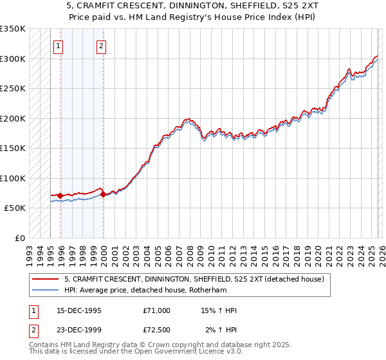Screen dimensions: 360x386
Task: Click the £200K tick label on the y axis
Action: pyautogui.click(x=12, y=118)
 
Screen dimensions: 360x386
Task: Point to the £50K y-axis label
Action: pyautogui.click(x=14, y=208)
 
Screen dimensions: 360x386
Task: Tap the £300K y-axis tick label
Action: pyautogui.click(x=12, y=59)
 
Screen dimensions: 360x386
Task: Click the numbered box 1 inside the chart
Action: pyautogui.click(x=59, y=46)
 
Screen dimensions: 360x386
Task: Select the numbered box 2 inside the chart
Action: pyautogui.click(x=102, y=46)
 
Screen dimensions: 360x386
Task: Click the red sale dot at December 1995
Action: pyautogui.click(x=60, y=195)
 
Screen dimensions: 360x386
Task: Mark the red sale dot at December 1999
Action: pyautogui.click(x=104, y=194)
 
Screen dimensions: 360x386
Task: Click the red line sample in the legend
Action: pyautogui.click(x=46, y=279)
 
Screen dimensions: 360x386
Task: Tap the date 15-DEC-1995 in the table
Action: pyautogui.click(x=79, y=310)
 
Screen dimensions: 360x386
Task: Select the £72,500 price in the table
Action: pyautogui.click(x=157, y=330)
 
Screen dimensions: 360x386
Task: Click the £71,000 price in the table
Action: pyautogui.click(x=157, y=310)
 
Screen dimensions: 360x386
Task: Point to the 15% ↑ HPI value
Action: pyautogui.click(x=219, y=310)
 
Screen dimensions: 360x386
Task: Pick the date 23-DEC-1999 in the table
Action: pyautogui.click(x=79, y=330)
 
